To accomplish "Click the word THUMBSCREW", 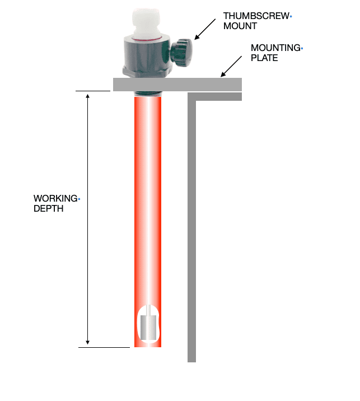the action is click(256, 16).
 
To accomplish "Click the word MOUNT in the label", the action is click(240, 26).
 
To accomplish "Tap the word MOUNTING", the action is click(275, 48).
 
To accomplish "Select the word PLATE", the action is click(264, 58).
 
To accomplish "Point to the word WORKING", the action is click(55, 198).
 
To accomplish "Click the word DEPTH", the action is click(48, 209).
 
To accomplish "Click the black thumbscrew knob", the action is click(181, 53).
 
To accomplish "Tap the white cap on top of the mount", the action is click(146, 22).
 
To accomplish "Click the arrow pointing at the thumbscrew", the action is click(205, 29).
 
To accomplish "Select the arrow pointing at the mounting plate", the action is click(231, 67).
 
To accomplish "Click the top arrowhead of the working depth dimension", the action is click(88, 96).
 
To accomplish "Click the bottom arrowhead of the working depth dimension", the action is click(88, 342).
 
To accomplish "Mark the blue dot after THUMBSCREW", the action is click(291, 17).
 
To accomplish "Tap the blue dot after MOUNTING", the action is click(302, 48).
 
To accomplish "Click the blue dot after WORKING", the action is click(79, 199).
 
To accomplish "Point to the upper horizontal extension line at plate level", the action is click(93, 91).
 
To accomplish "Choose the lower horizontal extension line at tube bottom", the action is click(104, 348).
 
